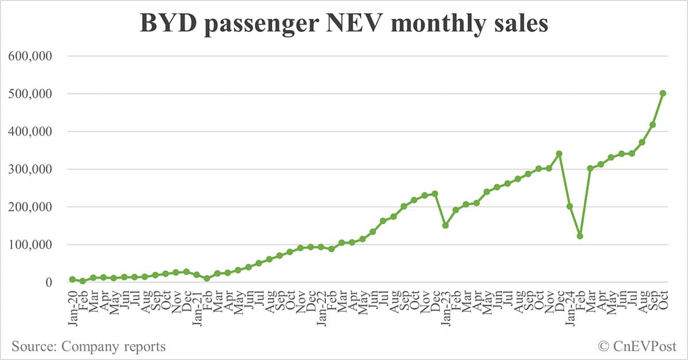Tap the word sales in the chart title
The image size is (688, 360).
click(517, 24)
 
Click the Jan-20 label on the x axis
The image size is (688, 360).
click(72, 308)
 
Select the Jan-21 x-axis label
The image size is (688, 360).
click(197, 308)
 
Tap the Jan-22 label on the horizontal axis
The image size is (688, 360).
click(321, 308)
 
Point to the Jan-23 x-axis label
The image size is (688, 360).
click(445, 308)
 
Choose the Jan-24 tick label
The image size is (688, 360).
click(570, 308)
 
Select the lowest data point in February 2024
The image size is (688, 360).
click(580, 236)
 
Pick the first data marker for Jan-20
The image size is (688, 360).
click(72, 279)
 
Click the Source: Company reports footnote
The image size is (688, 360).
click(88, 346)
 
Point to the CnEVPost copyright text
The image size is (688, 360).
click(637, 346)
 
